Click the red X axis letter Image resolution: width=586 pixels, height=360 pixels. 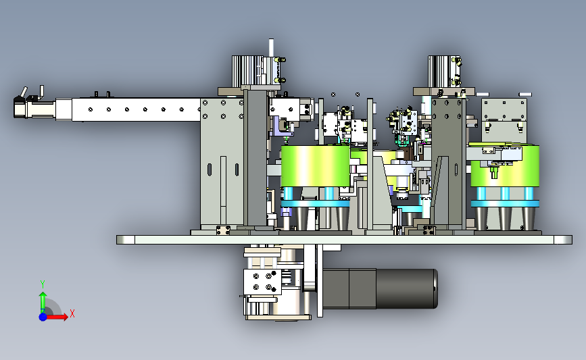[72, 313]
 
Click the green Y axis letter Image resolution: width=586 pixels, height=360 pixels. [43, 284]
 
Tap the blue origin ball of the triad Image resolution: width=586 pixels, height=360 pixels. [43, 317]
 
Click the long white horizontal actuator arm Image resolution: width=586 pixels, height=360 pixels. [136, 109]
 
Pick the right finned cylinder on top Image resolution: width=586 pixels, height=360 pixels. [439, 72]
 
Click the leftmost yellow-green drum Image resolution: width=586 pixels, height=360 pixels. [315, 166]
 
